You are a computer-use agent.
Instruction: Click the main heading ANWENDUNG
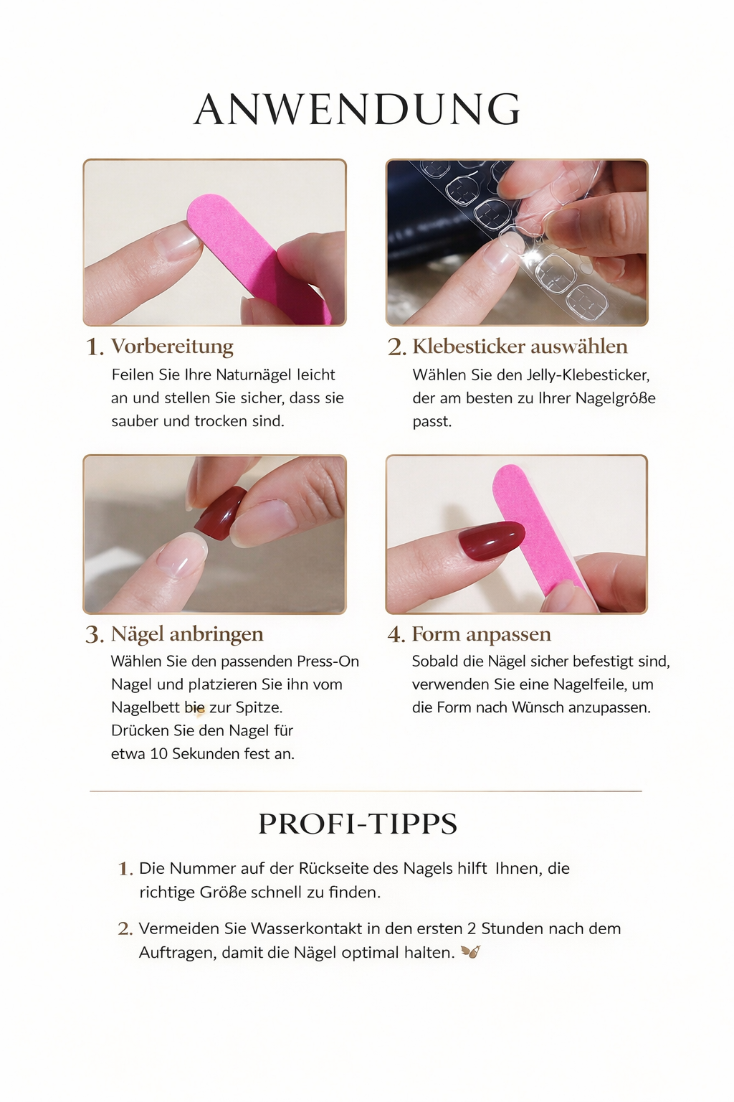pos(357,109)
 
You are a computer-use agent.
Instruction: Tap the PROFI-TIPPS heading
pos(358,824)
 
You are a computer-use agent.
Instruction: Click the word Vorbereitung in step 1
pos(172,347)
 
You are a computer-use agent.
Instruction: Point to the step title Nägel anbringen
pos(187,634)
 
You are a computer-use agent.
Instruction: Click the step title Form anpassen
pos(481,634)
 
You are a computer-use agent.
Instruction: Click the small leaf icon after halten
pos(471,953)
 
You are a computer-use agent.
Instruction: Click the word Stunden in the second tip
pos(513,928)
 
